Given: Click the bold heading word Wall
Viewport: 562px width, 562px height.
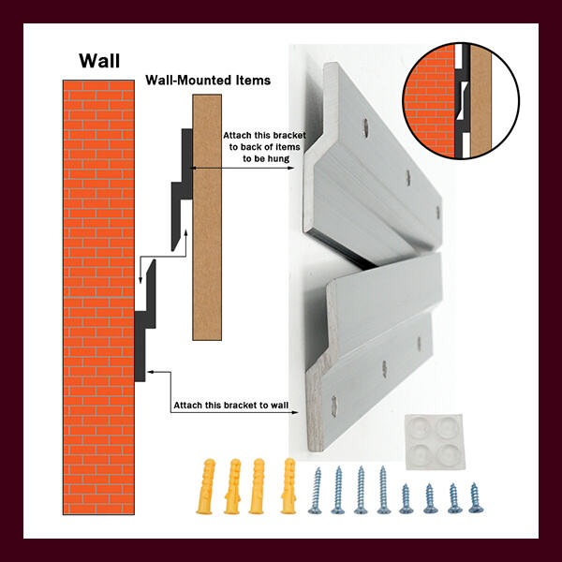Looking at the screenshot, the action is tap(99, 61).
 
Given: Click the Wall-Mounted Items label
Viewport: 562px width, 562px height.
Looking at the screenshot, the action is tap(208, 80).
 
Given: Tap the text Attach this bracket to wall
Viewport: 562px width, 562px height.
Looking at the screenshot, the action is tap(230, 406).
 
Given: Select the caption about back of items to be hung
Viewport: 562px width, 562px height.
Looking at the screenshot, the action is tap(264, 147).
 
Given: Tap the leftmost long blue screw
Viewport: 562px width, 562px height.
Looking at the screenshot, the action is tap(317, 490).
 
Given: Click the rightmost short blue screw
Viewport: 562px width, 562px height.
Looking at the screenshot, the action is tap(475, 498).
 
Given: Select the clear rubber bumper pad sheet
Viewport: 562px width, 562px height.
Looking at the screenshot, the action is tap(435, 441).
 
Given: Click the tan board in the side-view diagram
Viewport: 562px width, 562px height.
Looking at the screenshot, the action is tap(207, 217).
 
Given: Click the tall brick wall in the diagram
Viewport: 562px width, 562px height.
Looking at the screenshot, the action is tap(98, 297).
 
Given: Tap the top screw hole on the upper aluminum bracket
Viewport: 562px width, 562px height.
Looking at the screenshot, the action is tap(365, 127).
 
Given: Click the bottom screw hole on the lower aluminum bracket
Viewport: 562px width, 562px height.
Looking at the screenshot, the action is tap(334, 407).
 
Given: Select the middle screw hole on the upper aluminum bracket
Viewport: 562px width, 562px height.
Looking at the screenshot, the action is tap(407, 178).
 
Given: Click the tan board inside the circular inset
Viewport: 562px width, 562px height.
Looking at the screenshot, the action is tap(481, 101).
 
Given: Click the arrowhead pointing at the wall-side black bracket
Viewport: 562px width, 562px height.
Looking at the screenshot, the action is tap(151, 372).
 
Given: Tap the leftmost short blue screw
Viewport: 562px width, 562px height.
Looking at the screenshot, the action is tap(406, 498).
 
